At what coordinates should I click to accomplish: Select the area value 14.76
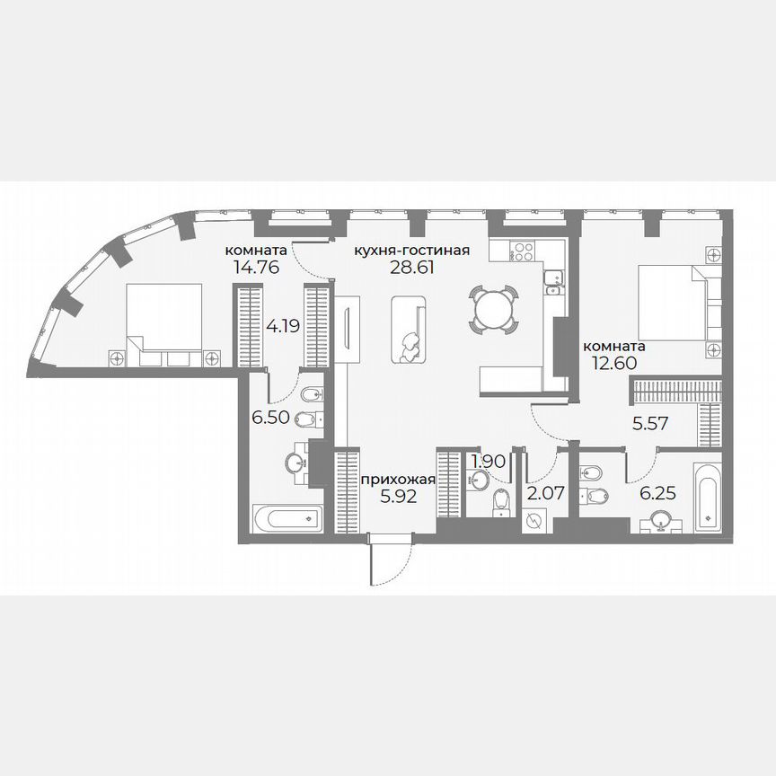(256, 267)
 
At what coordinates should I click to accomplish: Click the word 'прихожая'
(397, 480)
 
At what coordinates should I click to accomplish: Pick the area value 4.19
(283, 326)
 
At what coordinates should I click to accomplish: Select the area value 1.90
(489, 462)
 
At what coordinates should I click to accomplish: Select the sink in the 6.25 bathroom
(662, 520)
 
